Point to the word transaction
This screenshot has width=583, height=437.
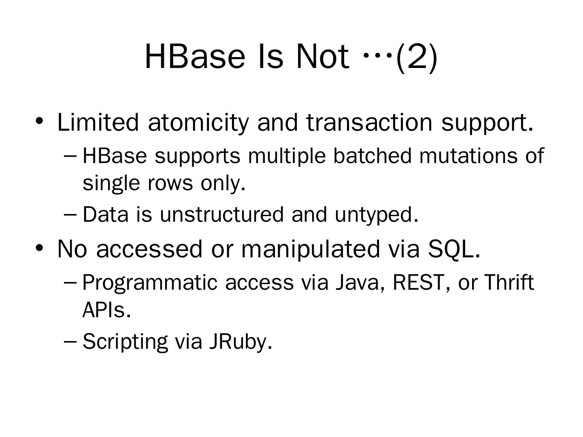[x=369, y=122]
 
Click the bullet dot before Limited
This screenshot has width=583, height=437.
[x=39, y=121]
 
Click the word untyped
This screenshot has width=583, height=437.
[x=376, y=214]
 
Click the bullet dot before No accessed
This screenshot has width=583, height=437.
[x=39, y=248]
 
